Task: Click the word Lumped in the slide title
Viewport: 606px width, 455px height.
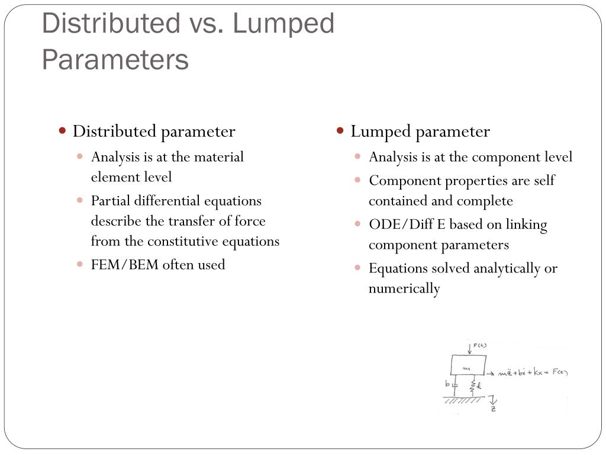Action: (283, 24)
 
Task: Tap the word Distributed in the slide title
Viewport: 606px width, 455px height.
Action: (111, 24)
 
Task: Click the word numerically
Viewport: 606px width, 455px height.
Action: (404, 289)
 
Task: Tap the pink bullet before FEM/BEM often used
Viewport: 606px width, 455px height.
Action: (80, 264)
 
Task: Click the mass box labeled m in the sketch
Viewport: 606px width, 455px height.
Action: (468, 365)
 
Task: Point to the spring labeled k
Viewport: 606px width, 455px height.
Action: (472, 386)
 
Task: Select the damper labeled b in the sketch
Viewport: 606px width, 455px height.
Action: (454, 386)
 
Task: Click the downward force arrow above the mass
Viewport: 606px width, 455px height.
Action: (470, 348)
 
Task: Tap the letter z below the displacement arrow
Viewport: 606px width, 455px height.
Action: (493, 409)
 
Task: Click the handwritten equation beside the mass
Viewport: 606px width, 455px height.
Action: (532, 373)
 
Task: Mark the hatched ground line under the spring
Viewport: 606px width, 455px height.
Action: (465, 400)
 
